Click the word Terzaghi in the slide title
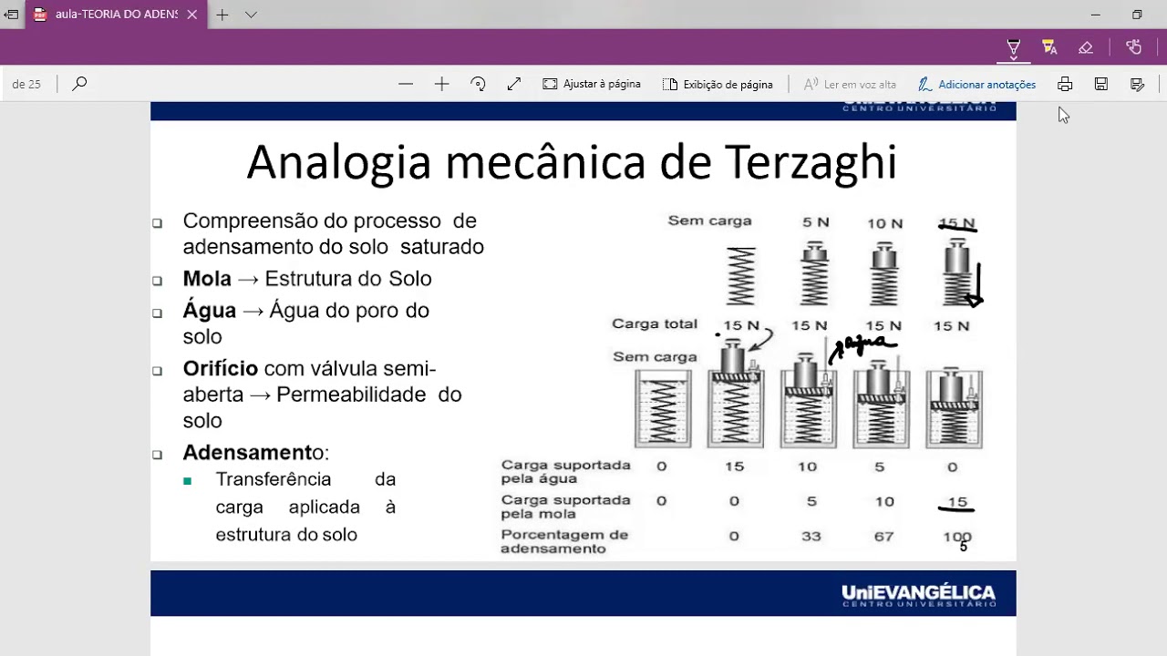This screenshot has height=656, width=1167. (811, 163)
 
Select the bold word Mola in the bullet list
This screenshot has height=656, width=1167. (207, 279)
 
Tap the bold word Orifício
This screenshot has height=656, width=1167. (221, 369)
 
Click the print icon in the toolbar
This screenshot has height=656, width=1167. (1065, 84)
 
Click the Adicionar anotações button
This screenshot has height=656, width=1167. (976, 84)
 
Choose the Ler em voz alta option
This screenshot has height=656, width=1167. (850, 84)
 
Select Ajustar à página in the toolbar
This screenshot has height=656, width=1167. (592, 84)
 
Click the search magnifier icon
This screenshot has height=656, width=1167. (79, 84)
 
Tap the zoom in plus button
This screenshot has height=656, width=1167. (442, 84)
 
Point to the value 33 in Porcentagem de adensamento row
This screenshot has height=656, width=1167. (811, 537)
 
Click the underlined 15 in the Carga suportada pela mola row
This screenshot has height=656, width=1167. (956, 502)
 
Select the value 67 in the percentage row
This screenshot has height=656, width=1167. (883, 537)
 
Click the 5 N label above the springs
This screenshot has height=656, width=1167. (814, 223)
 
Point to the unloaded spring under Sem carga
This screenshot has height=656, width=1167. (741, 276)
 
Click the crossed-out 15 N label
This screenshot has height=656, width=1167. (956, 223)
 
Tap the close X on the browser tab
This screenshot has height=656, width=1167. (192, 15)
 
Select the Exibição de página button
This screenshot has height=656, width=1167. (718, 84)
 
